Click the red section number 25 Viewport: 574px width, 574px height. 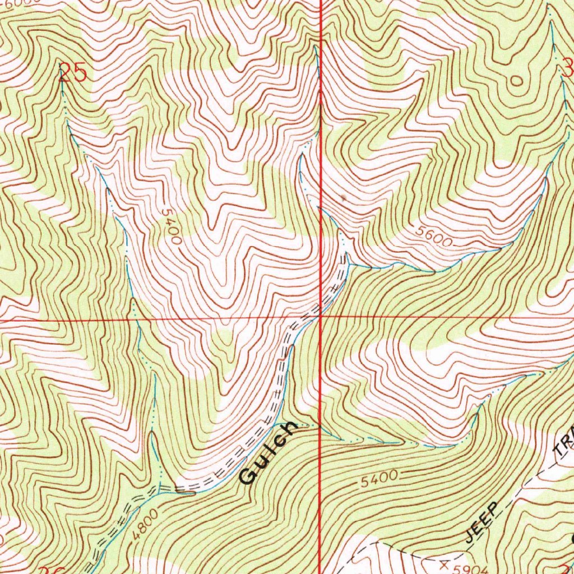tap(73, 73)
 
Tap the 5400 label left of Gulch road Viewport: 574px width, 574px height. tap(170, 226)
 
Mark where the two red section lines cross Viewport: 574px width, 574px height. tap(320, 317)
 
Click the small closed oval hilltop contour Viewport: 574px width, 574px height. tap(516, 81)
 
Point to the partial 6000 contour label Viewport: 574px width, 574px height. tap(16, 3)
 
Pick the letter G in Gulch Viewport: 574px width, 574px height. tap(247, 476)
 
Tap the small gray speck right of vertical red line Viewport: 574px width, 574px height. tap(342, 197)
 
